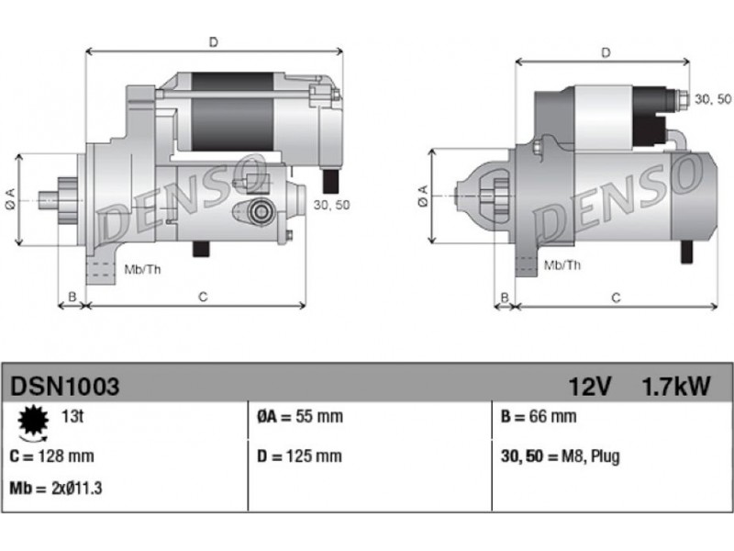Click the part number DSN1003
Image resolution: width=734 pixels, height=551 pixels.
[64, 387]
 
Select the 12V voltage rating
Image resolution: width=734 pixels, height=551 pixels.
[590, 387]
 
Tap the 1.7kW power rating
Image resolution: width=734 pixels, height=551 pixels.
[676, 387]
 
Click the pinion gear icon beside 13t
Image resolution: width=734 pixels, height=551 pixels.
[33, 422]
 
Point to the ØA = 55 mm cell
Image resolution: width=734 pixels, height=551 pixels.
[300, 416]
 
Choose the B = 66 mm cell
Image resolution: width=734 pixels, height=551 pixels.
[539, 416]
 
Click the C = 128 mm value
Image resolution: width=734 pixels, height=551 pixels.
[51, 455]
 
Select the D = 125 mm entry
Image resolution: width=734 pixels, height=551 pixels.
[300, 455]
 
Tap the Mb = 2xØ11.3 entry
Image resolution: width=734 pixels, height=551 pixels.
[56, 489]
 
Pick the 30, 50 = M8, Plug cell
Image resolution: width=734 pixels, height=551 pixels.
[561, 455]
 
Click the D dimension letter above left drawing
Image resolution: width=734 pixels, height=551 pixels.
[214, 42]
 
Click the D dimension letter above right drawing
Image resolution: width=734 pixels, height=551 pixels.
[606, 52]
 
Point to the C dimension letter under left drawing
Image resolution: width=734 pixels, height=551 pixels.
[203, 297]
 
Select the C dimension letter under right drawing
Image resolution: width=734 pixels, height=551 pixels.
[616, 298]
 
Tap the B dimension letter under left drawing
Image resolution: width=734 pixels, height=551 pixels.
[72, 297]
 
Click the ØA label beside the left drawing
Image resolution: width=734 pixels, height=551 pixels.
[10, 198]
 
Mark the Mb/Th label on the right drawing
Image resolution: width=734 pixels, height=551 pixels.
[562, 265]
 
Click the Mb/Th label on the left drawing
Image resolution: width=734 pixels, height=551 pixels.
[142, 269]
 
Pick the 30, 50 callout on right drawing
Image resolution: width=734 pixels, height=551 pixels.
[713, 99]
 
